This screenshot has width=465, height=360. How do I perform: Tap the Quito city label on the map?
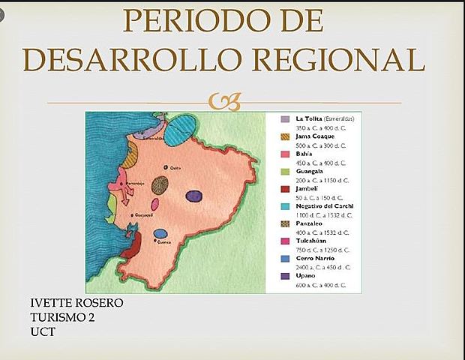(177, 168)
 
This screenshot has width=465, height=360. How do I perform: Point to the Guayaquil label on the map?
(143, 215)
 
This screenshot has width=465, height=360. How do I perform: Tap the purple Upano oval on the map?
(193, 196)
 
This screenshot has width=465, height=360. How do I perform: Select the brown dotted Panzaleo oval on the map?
(160, 184)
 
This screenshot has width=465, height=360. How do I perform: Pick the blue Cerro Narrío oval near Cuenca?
(160, 233)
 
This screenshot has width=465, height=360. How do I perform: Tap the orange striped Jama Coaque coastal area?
(130, 155)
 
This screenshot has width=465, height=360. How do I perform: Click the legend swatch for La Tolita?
(285, 119)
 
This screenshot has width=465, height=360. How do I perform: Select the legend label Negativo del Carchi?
(325, 205)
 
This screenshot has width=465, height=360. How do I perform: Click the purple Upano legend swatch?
(285, 276)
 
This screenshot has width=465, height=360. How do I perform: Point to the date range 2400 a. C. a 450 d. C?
(323, 267)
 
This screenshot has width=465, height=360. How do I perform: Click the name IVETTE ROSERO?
(76, 302)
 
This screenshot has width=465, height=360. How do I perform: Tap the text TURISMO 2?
(62, 316)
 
